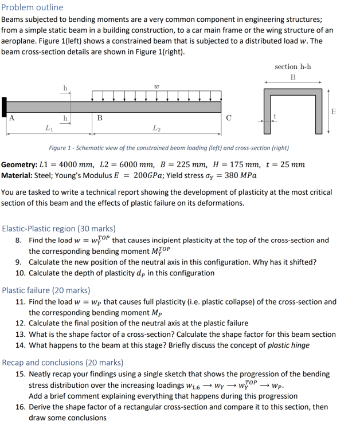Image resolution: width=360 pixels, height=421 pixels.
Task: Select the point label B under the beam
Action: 99,119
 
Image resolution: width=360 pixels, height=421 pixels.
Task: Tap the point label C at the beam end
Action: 228,119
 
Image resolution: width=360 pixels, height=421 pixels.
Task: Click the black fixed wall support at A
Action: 5,106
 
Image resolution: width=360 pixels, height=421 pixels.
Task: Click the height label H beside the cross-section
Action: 334,109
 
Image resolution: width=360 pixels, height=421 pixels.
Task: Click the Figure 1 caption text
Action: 169,148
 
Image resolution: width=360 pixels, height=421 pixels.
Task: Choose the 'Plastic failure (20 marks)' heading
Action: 46,290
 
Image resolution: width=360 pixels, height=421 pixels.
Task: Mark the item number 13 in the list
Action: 19,334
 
